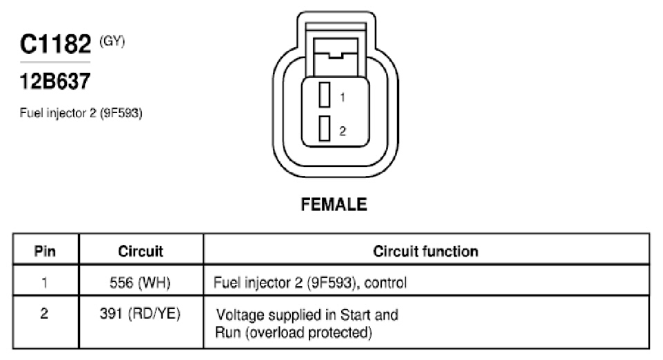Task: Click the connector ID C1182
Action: (55, 43)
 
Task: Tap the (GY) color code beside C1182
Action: (112, 41)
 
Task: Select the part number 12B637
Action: (55, 81)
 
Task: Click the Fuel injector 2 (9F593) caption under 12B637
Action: (81, 113)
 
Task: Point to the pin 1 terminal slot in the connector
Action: (325, 94)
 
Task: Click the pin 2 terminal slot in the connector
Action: (325, 128)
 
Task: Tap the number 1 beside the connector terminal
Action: (343, 98)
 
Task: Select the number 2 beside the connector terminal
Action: (343, 131)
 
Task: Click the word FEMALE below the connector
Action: (334, 205)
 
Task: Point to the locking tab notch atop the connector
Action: (336, 55)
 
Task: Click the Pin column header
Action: (45, 251)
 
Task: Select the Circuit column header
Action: (141, 251)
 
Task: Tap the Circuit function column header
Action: (426, 251)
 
